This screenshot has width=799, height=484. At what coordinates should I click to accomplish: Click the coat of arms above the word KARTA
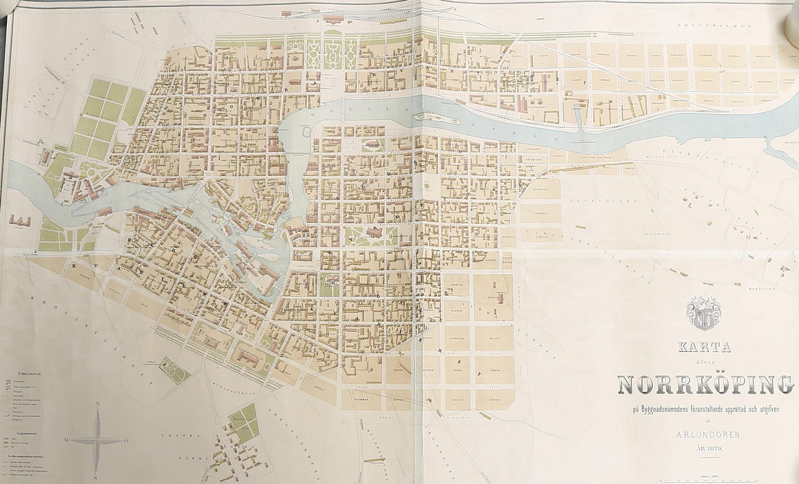click(x=703, y=313)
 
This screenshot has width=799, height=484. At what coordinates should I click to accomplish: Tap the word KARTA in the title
click(x=704, y=347)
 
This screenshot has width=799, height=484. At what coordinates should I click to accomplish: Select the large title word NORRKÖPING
click(x=705, y=384)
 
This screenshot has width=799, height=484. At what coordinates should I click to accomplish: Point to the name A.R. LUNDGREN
click(x=704, y=434)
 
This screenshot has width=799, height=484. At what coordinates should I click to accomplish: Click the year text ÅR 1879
click(x=704, y=448)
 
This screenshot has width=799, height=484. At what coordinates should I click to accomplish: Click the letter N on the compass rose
click(x=97, y=403)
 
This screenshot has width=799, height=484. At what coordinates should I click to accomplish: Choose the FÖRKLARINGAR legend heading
click(x=30, y=374)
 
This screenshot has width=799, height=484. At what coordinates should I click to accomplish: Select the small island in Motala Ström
click(x=429, y=117)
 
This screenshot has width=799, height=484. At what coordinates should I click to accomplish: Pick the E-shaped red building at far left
click(x=20, y=219)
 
